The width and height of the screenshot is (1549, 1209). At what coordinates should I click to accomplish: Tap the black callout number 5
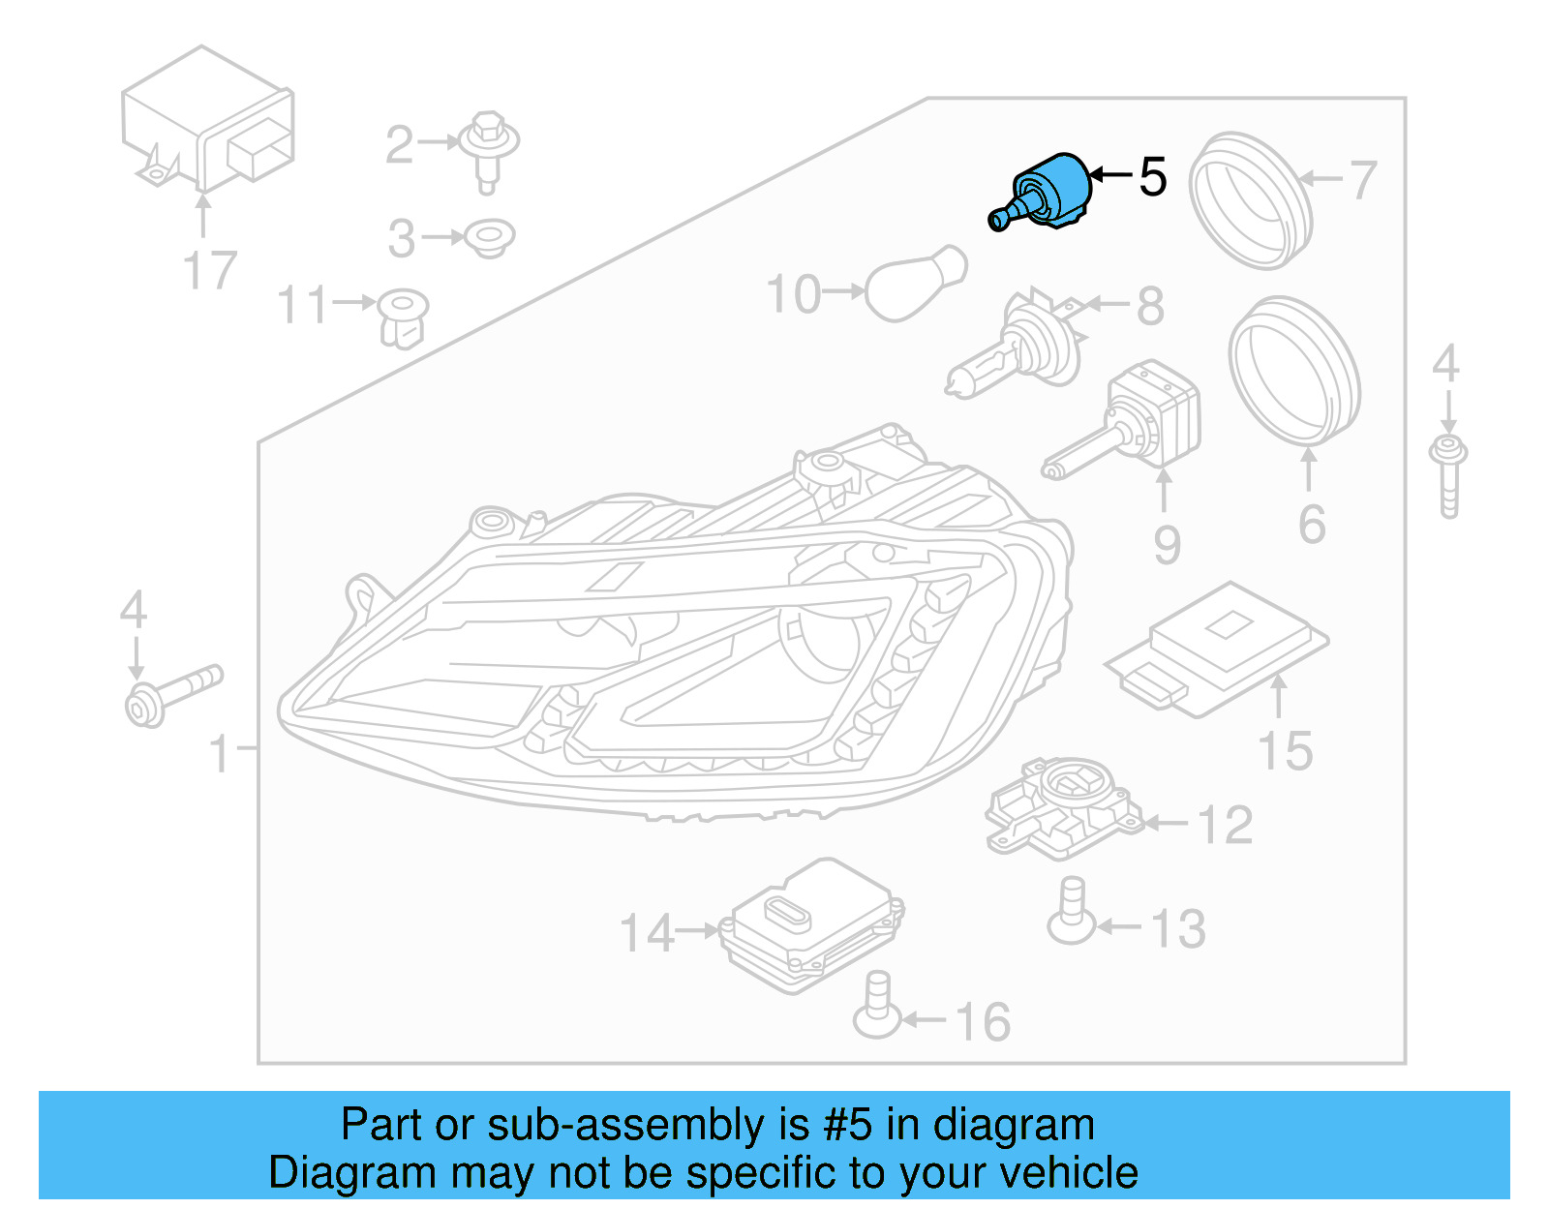coord(1152,177)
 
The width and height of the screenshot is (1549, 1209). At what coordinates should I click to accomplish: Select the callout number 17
coord(209,271)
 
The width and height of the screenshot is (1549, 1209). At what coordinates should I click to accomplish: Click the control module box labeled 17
coord(207,121)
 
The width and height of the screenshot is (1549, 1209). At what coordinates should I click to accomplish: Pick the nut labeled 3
coord(489,237)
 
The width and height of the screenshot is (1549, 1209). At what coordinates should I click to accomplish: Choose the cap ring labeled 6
coord(1294,368)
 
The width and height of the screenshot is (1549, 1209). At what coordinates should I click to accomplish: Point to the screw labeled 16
coord(876,1007)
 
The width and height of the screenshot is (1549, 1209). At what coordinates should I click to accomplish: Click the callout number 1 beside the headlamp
coord(221,753)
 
